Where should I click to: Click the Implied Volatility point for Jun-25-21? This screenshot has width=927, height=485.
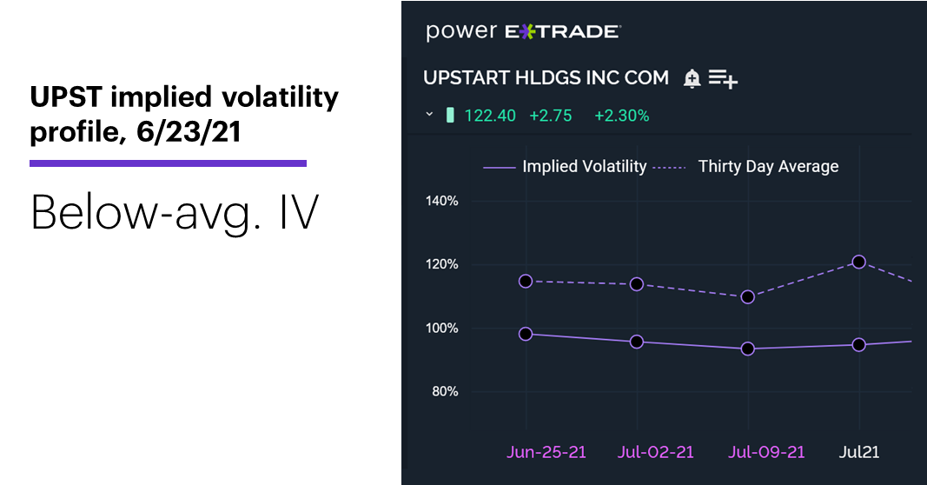pos(526,334)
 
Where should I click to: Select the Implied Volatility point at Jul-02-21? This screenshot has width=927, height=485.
pos(637,342)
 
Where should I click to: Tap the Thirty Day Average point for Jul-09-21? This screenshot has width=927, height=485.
pos(748,297)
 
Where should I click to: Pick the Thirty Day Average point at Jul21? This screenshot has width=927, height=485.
pos(859,262)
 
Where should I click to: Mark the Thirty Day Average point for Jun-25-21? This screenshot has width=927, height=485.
pos(526,282)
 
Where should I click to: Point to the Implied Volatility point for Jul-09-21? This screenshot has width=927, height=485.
pos(748,349)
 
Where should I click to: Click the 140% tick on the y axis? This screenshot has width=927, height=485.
pos(441,201)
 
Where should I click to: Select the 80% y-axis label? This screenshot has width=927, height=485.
pos(445,391)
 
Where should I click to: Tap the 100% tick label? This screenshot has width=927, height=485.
pos(441,329)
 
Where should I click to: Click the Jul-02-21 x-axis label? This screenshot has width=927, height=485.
pos(656,453)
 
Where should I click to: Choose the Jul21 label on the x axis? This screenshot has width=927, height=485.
pos(859,453)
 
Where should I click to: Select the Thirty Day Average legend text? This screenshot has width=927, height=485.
pos(768,167)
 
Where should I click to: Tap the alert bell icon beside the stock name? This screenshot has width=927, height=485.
pos(692,79)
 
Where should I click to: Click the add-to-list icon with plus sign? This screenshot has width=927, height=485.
pos(723,79)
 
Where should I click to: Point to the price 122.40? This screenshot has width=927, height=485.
pos(490,116)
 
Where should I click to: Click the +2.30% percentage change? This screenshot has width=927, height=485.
pos(622,116)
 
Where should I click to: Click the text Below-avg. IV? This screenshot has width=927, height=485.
pos(175,212)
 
